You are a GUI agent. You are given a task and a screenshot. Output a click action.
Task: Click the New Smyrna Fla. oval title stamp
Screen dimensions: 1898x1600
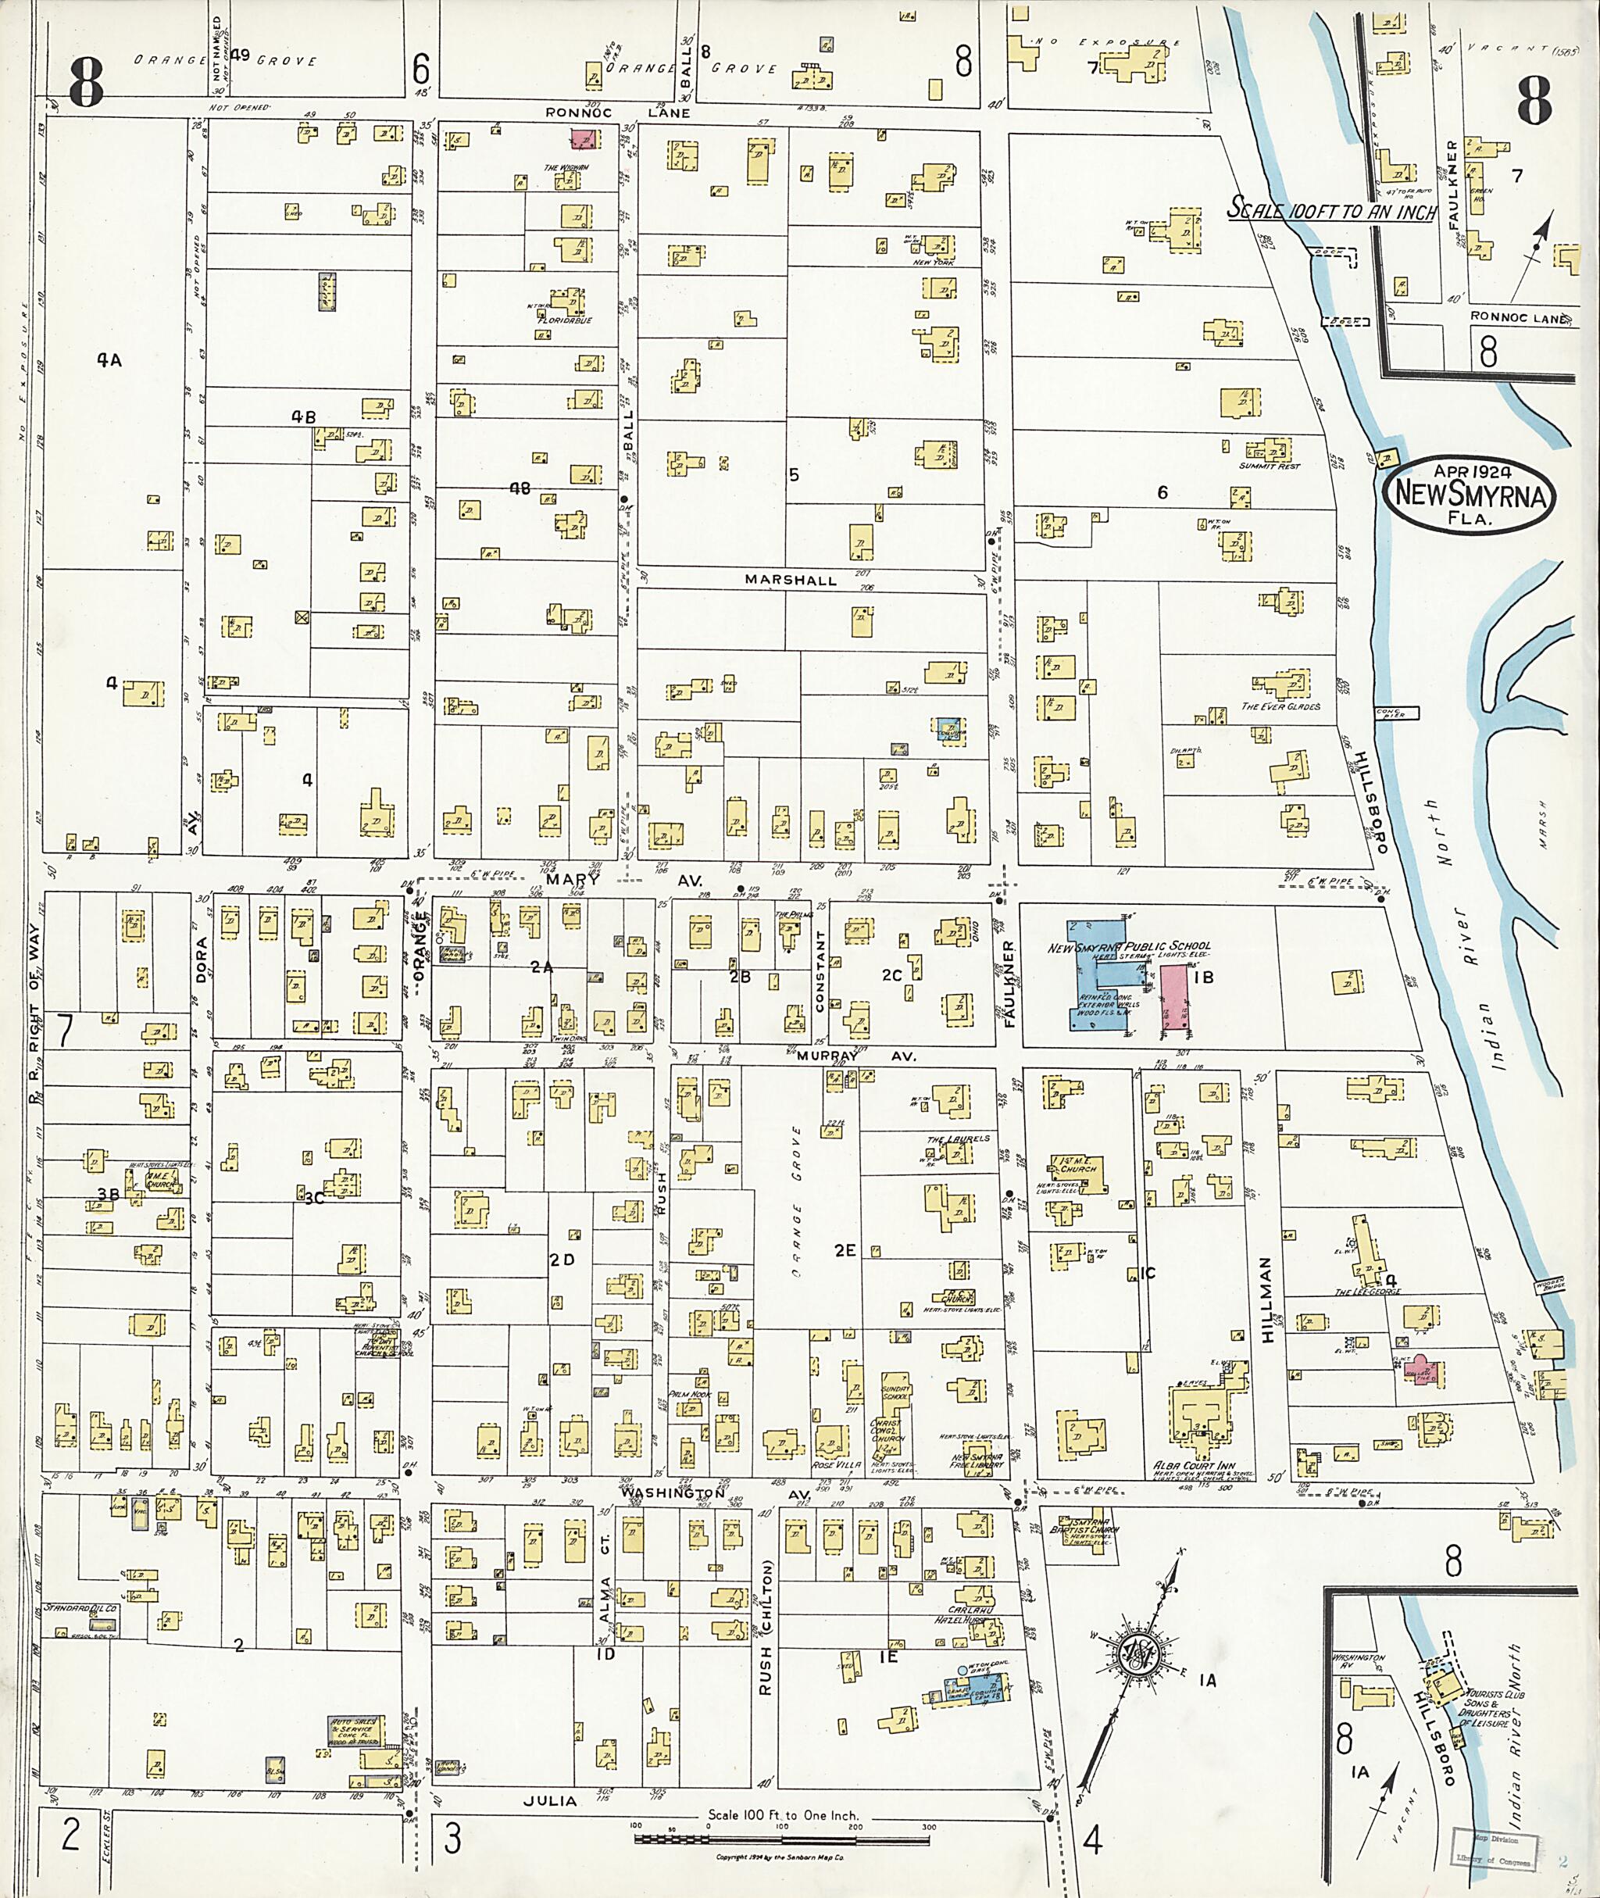[x=1467, y=495]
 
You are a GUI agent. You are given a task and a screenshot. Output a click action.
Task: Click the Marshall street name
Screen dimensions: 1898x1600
[x=790, y=580]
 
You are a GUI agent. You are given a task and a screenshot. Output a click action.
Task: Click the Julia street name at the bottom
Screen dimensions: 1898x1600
[x=550, y=1800]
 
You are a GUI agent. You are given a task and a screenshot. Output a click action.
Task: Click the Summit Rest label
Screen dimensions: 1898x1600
[x=1269, y=466]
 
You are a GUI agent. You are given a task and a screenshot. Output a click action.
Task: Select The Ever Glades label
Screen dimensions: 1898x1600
[x=1280, y=706]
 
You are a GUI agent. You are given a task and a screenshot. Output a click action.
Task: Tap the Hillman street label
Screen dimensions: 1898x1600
[x=1267, y=1299]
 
